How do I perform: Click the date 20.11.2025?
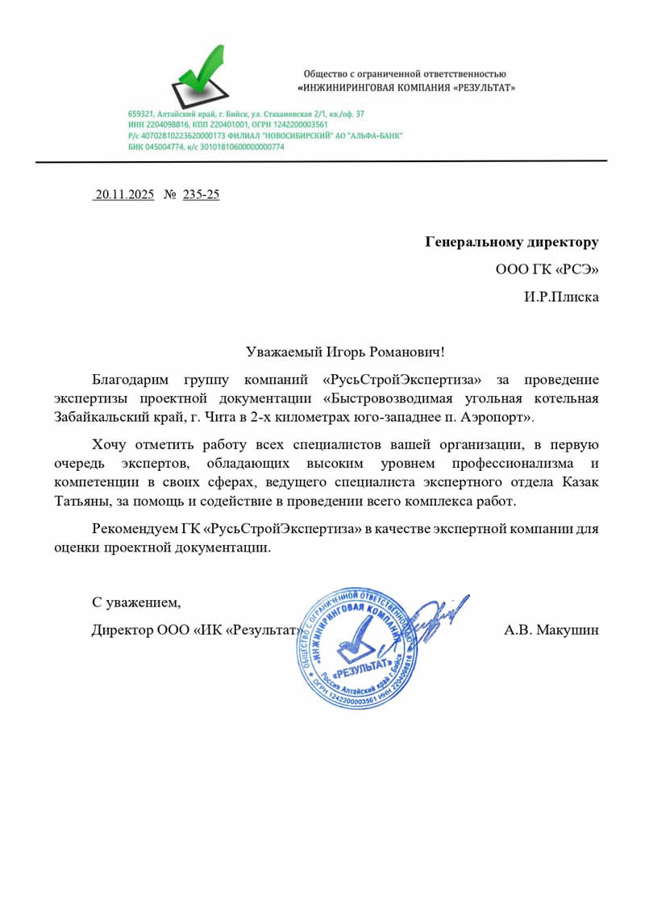[123, 194]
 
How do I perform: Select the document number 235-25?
[202, 194]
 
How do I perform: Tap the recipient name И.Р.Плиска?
[561, 297]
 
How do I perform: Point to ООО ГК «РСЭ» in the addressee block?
[547, 269]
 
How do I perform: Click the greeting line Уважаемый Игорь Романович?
[345, 352]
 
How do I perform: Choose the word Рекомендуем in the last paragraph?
[134, 529]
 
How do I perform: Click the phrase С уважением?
[135, 602]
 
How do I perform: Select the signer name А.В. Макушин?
[551, 630]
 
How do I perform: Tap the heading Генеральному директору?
[512, 242]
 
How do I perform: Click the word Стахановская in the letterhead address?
[278, 115]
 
